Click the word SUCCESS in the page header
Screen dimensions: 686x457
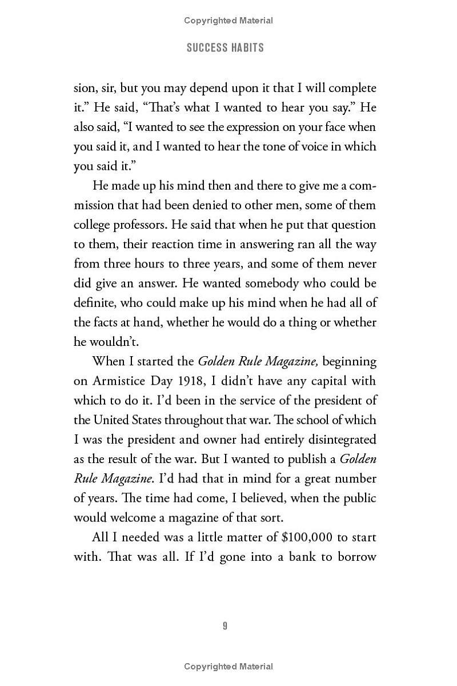205,47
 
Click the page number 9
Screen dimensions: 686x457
225,626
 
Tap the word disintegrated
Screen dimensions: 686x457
333,440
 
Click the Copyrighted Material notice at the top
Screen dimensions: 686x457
228,21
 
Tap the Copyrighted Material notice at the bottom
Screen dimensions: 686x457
228,667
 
